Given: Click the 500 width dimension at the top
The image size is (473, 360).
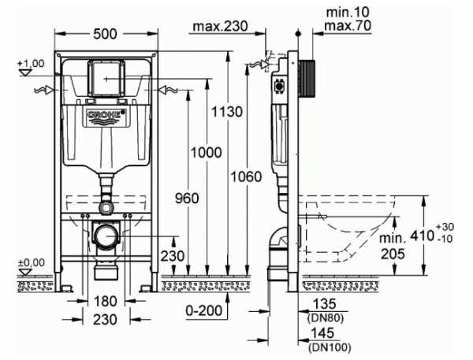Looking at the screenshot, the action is coord(105,34).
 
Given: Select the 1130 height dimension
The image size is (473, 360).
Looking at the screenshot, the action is coord(227,112).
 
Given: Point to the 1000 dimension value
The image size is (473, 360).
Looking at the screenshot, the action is coord(207,153).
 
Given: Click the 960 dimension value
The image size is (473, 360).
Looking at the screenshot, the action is coord(187,198).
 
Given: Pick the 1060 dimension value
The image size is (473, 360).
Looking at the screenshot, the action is coord(246,176).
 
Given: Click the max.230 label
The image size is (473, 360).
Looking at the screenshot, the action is coord(221,26).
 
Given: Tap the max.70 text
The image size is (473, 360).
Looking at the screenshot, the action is coord(348,26).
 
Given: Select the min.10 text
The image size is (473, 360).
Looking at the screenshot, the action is coord(348,13).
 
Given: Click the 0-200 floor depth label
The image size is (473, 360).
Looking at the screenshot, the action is coord(204,310).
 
